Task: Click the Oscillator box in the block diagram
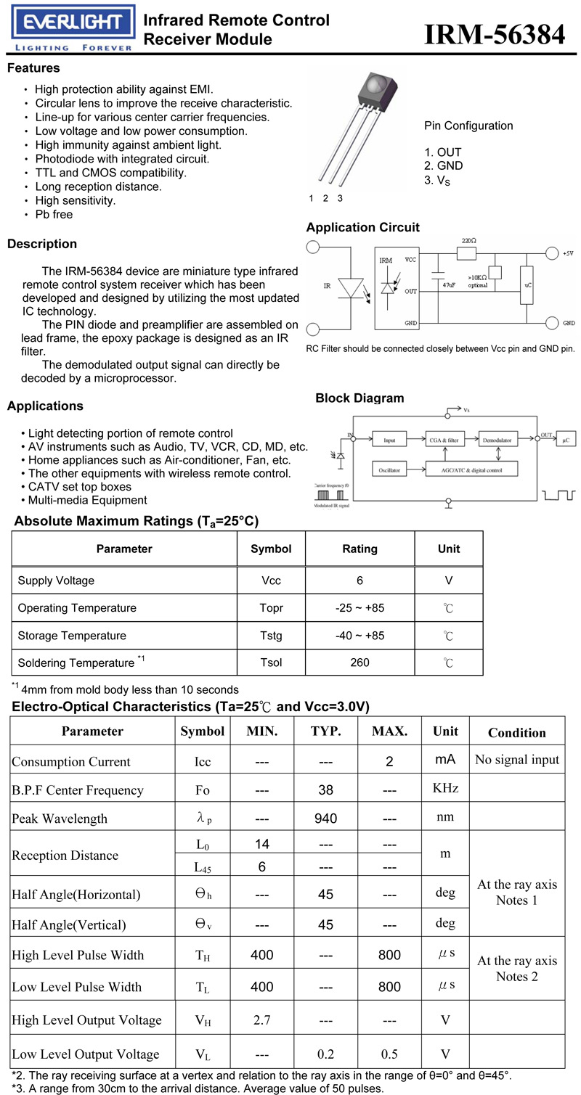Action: (x=389, y=469)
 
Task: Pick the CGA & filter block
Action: (x=444, y=440)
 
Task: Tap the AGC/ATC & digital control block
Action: (x=472, y=469)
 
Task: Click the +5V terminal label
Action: (x=569, y=253)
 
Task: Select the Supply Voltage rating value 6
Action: (x=359, y=581)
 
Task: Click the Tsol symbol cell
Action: (x=271, y=663)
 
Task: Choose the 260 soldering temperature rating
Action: (x=359, y=663)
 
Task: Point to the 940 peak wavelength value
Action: (x=326, y=819)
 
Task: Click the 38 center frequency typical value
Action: (x=326, y=790)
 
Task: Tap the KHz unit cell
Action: (x=445, y=788)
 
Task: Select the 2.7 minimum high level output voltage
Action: (x=261, y=1020)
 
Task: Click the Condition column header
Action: (x=516, y=733)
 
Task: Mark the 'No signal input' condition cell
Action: (x=517, y=760)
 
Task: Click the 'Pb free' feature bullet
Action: (x=54, y=215)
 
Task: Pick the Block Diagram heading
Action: (x=359, y=398)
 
